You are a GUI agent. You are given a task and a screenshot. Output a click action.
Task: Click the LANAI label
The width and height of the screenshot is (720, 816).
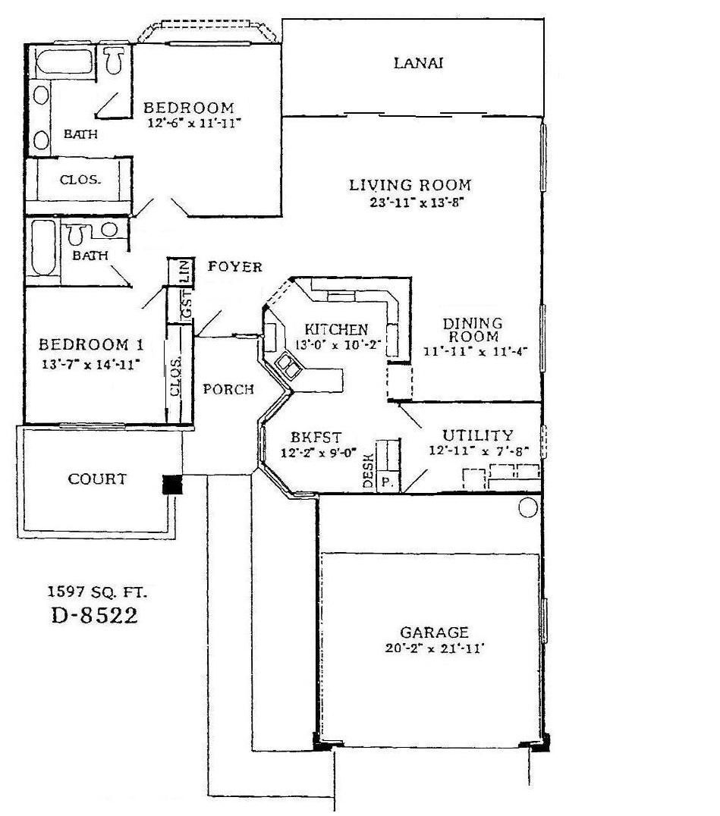coord(418,63)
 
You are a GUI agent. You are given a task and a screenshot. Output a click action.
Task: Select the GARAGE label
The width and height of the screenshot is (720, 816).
coord(435,632)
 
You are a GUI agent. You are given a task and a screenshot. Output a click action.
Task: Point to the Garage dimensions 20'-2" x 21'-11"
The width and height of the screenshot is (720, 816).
coord(435,648)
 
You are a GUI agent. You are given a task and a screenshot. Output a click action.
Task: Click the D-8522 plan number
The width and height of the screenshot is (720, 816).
coord(95,616)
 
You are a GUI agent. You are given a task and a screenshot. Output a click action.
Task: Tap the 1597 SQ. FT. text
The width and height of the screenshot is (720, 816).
coord(95,592)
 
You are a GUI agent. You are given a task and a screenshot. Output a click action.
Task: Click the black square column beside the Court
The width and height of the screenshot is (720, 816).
coord(173,485)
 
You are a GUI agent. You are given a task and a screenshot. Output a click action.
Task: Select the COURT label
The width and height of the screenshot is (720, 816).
coord(97,479)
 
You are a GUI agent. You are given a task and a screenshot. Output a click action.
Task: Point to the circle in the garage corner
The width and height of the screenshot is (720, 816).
coord(528,507)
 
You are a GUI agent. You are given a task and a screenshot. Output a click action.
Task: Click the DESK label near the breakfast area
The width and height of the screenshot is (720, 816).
coord(368,471)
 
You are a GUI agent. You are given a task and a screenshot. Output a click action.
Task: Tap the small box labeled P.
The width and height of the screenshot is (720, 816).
coord(387,482)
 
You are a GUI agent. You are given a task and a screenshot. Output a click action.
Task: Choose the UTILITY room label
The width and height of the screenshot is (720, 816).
coord(478,435)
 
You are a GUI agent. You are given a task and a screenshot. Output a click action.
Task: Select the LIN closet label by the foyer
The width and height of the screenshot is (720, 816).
coord(184,271)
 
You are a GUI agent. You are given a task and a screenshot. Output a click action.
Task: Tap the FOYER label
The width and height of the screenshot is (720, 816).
coord(234,267)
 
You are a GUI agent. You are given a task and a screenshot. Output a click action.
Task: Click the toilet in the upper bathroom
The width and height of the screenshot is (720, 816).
coord(115,61)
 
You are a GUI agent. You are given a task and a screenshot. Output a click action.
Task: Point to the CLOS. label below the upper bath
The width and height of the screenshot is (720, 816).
coord(80,180)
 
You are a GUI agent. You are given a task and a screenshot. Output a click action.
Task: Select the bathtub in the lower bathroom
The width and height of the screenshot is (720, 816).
coord(42,250)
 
